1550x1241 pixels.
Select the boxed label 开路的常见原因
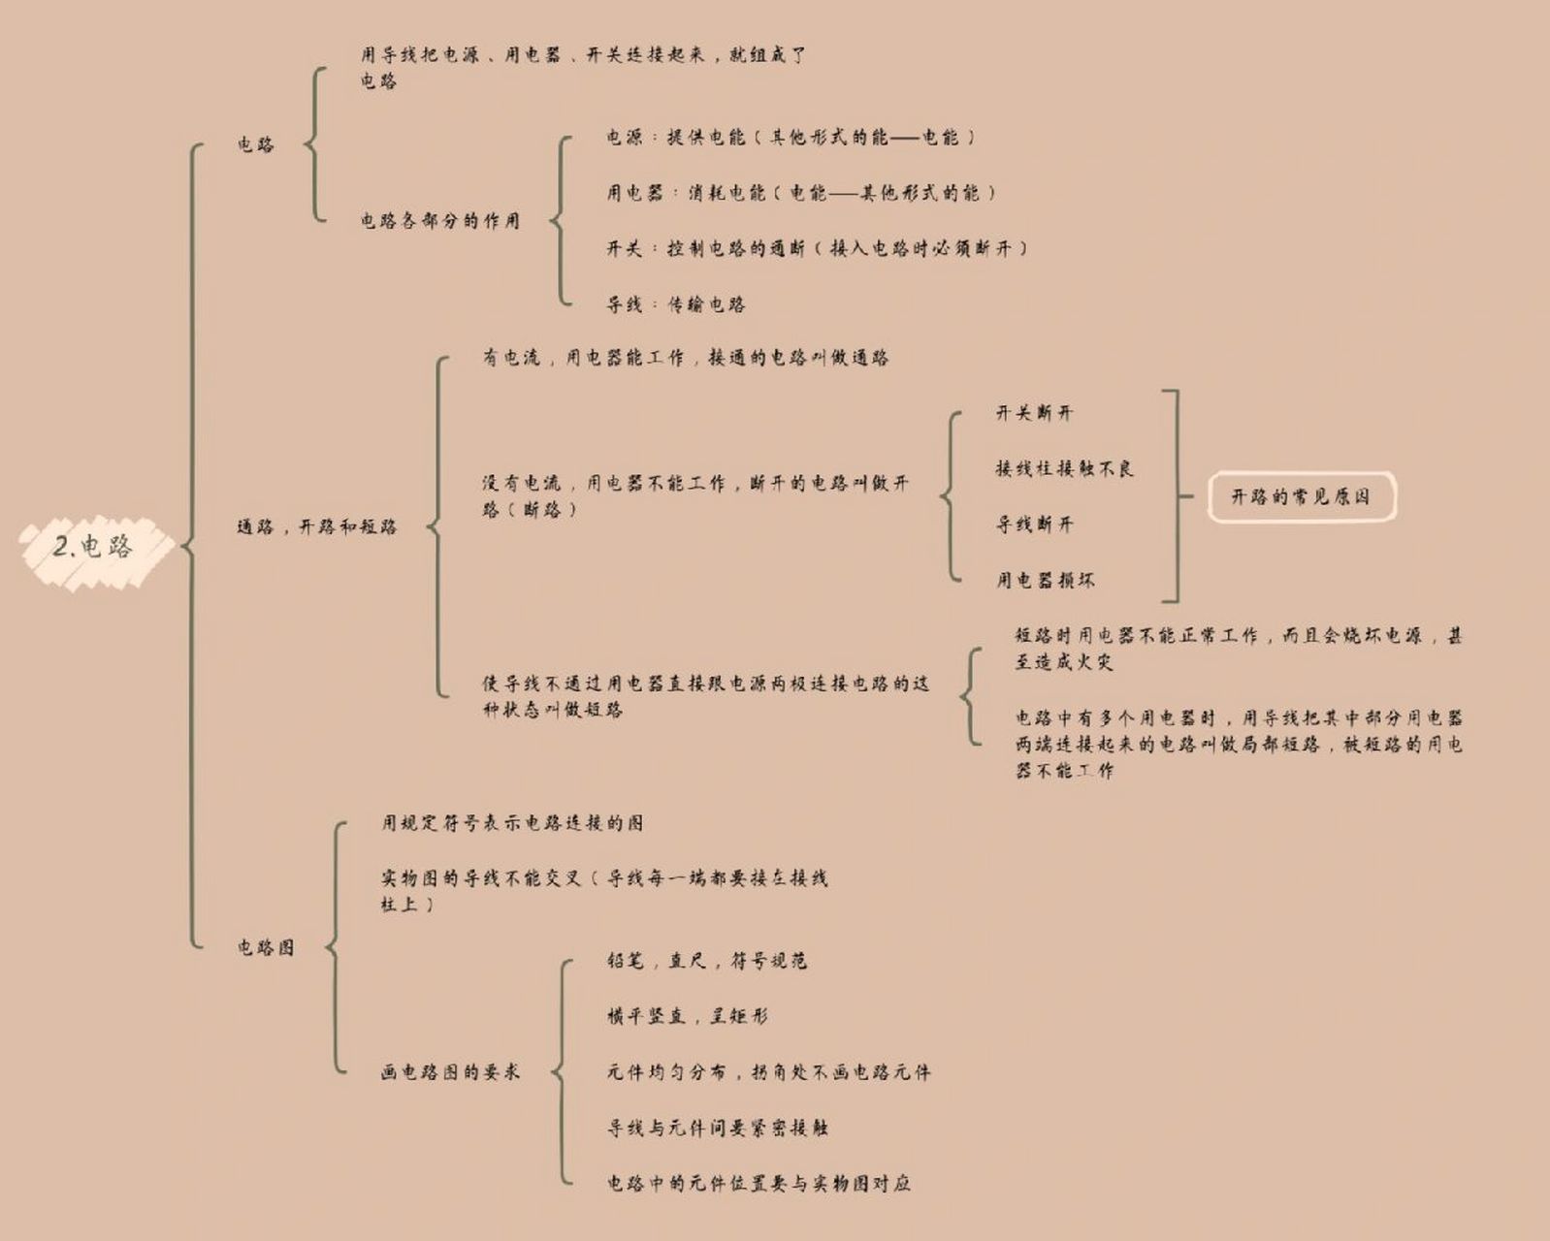(1302, 496)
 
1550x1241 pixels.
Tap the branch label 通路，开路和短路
(317, 526)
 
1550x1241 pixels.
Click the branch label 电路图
(266, 947)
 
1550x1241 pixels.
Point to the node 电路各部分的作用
(440, 220)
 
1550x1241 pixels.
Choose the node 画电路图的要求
(450, 1072)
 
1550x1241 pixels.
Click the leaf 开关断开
(1034, 413)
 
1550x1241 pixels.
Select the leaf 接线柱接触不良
(1065, 468)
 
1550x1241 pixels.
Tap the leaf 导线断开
(1034, 525)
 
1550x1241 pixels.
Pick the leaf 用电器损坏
(1045, 580)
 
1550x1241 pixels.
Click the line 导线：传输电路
(676, 304)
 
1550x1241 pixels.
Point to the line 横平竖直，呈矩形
(687, 1016)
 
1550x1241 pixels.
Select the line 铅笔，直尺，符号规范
(706, 961)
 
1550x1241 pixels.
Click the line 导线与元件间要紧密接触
(718, 1128)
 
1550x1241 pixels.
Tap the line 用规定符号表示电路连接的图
(512, 823)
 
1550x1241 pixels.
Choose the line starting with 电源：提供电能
(791, 137)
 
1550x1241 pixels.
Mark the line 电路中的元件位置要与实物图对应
(759, 1183)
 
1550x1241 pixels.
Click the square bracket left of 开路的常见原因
(1179, 496)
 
